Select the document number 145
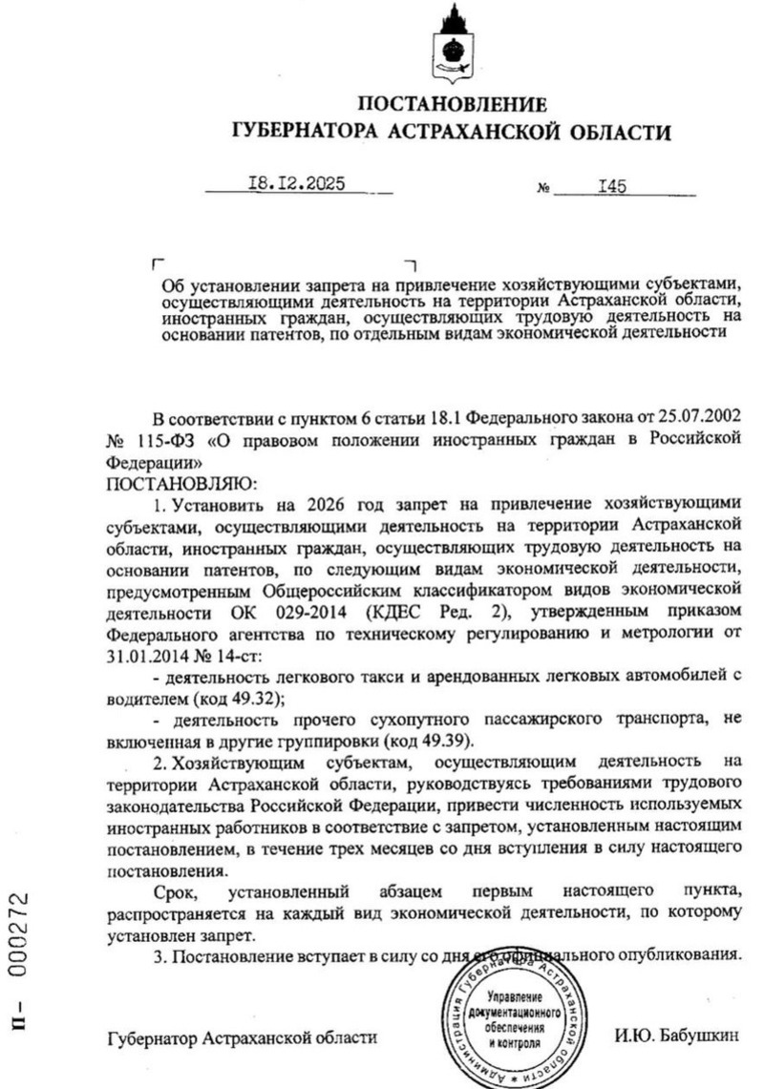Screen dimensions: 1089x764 tap(611, 187)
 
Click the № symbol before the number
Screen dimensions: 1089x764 tap(544, 190)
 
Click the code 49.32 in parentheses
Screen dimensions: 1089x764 tap(251, 697)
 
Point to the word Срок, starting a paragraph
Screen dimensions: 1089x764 tap(177, 891)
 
